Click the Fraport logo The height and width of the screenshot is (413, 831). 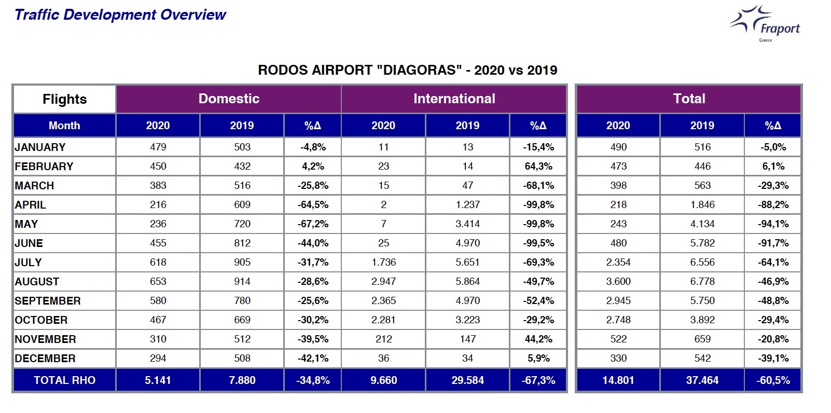[765, 23]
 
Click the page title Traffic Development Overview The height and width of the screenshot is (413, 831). [120, 15]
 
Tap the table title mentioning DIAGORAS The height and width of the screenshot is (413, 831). [407, 70]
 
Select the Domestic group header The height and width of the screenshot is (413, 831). [229, 99]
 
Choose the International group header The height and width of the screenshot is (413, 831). [454, 99]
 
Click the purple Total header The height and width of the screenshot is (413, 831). [689, 99]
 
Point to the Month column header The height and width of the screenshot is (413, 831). [64, 126]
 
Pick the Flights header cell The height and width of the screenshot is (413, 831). [64, 99]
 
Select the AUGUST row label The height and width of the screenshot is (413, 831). [37, 282]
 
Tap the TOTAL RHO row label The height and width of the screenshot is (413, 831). [64, 380]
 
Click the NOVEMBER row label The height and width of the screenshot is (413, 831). [45, 339]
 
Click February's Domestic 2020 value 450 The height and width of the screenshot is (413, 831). [158, 166]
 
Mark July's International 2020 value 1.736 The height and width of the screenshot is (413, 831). [383, 263]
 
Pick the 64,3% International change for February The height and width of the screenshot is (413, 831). [538, 166]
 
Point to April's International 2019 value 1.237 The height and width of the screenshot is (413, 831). [467, 205]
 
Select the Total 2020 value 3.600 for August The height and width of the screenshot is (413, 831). [618, 282]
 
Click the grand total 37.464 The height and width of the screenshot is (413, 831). [702, 380]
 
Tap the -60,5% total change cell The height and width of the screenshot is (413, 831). [773, 380]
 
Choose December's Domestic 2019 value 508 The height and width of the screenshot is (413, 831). [242, 359]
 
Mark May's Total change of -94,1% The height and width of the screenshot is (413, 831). [773, 224]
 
